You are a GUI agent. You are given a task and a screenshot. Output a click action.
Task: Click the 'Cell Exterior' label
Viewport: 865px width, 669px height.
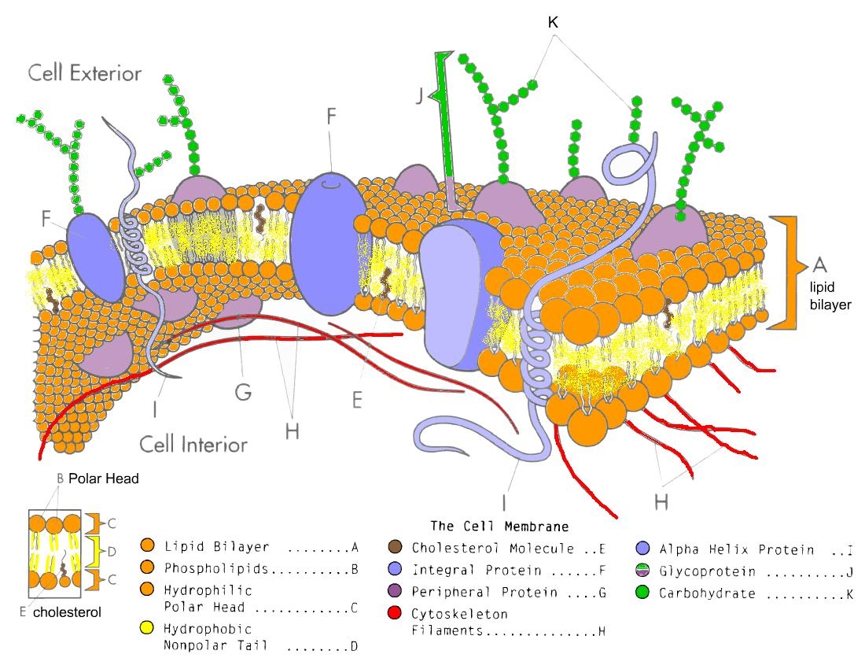click(85, 74)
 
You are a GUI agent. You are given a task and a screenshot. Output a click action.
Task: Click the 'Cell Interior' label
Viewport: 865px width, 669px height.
click(193, 444)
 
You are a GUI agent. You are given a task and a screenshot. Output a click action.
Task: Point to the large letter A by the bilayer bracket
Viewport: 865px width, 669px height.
click(819, 262)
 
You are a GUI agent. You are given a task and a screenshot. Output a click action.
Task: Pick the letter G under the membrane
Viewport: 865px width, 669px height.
click(242, 391)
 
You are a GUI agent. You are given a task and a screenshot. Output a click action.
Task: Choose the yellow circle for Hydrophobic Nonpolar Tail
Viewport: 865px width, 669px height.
click(145, 630)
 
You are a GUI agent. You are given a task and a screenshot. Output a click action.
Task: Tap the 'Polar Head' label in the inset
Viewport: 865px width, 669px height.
click(103, 478)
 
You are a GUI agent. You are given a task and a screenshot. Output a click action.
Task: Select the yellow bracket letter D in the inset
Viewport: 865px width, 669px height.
click(112, 551)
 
